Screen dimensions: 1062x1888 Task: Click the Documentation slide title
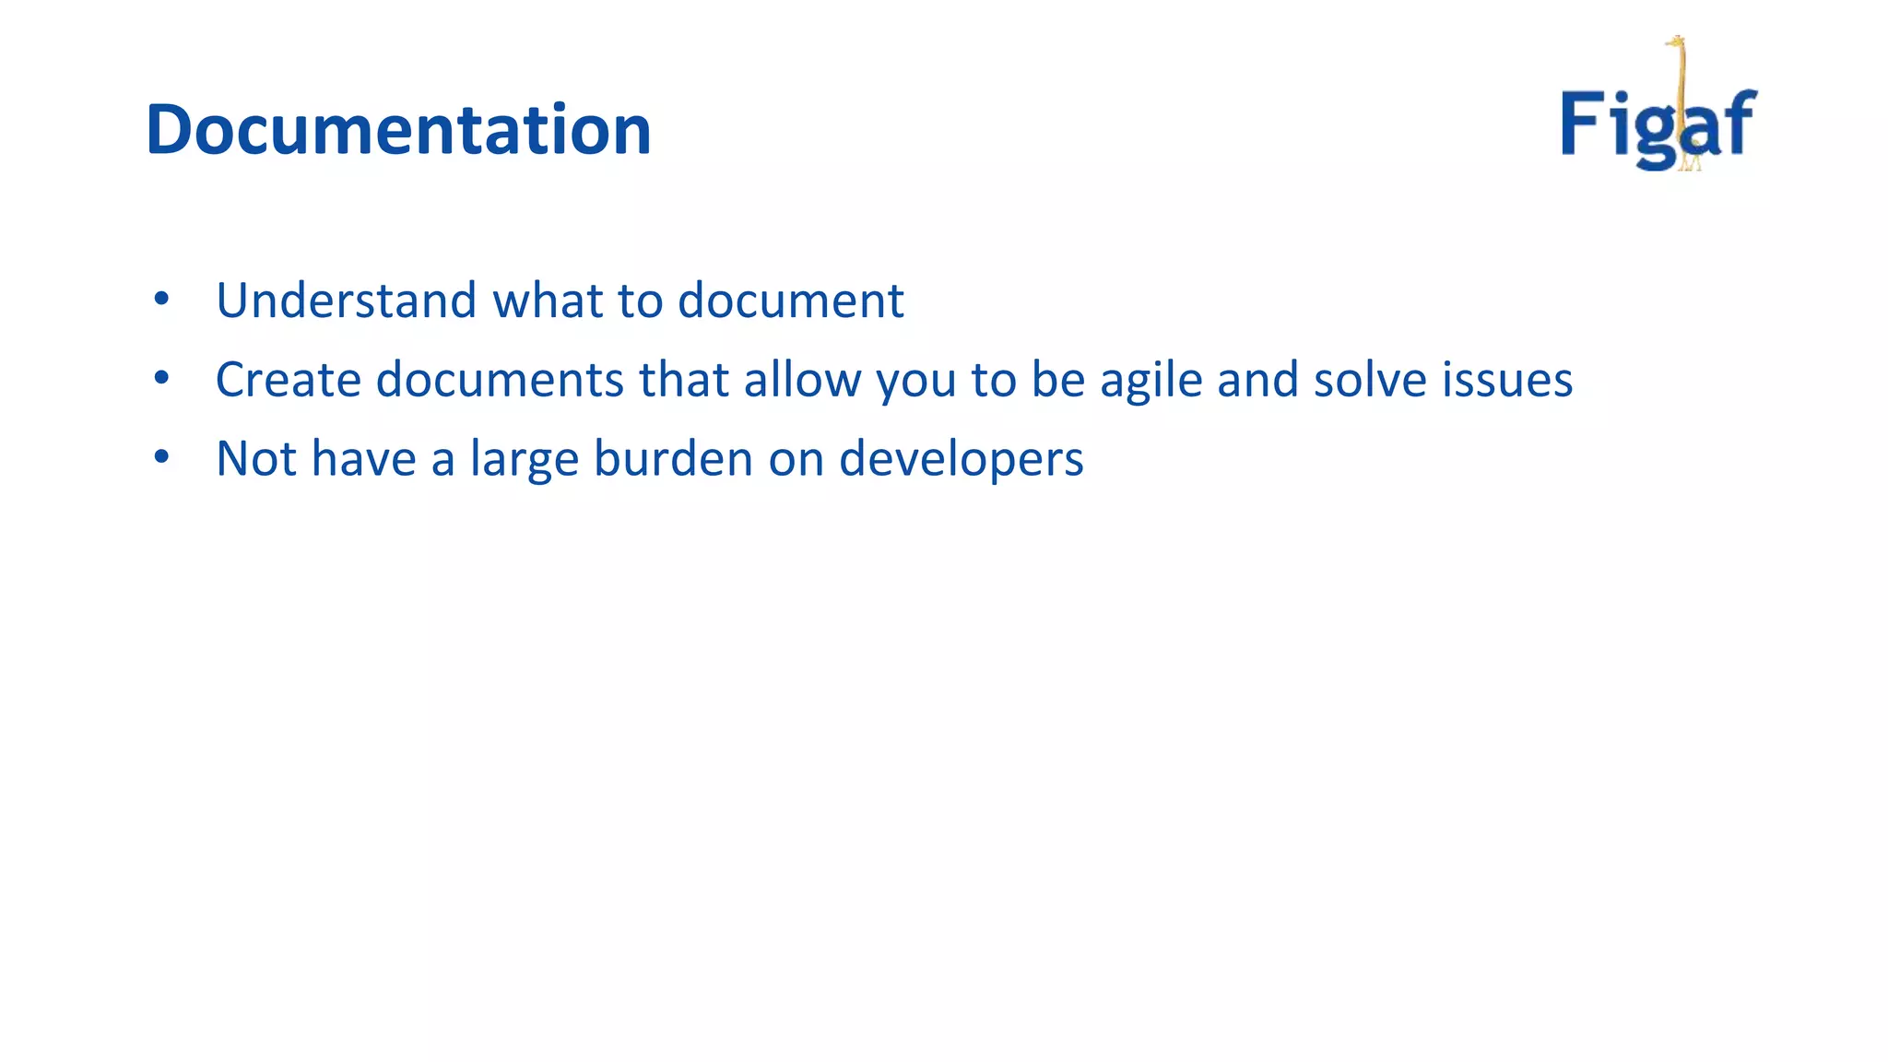(x=398, y=129)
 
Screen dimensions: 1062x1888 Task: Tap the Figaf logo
(x=1658, y=120)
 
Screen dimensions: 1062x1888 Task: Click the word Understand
(x=346, y=301)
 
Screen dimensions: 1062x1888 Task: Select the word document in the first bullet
(x=790, y=301)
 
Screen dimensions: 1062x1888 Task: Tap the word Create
(x=288, y=380)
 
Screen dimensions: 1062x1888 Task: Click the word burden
(x=673, y=459)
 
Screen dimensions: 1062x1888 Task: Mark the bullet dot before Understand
(x=162, y=299)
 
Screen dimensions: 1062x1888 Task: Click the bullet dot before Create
(x=162, y=378)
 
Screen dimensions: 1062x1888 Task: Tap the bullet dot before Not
(x=162, y=457)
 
